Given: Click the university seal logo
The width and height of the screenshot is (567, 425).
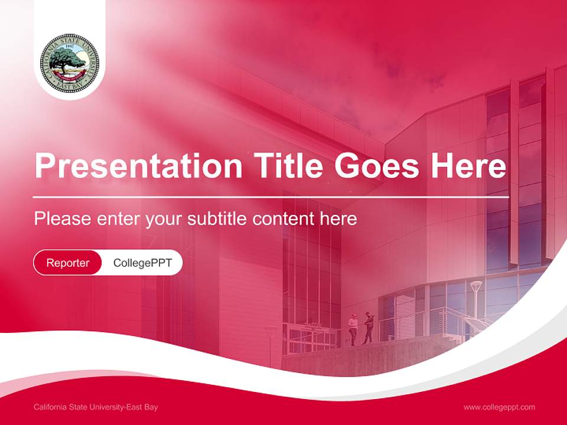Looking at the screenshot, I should tap(70, 63).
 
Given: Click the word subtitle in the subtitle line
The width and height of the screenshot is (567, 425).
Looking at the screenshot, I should tap(218, 219).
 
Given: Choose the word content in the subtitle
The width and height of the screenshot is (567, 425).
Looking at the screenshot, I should tap(283, 219).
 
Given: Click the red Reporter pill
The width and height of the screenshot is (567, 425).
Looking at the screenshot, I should tap(68, 263).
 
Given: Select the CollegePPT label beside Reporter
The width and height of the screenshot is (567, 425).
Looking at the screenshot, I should tap(142, 263).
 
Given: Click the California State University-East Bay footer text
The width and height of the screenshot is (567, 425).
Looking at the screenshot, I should tap(96, 407).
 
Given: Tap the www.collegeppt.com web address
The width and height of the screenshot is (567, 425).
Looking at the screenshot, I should tap(499, 407).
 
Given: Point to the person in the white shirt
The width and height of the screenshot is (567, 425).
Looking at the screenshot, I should tap(353, 328).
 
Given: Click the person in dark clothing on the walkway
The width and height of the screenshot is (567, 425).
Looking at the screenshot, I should tap(369, 327).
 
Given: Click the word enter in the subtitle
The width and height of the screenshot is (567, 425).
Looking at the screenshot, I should tap(119, 219).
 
